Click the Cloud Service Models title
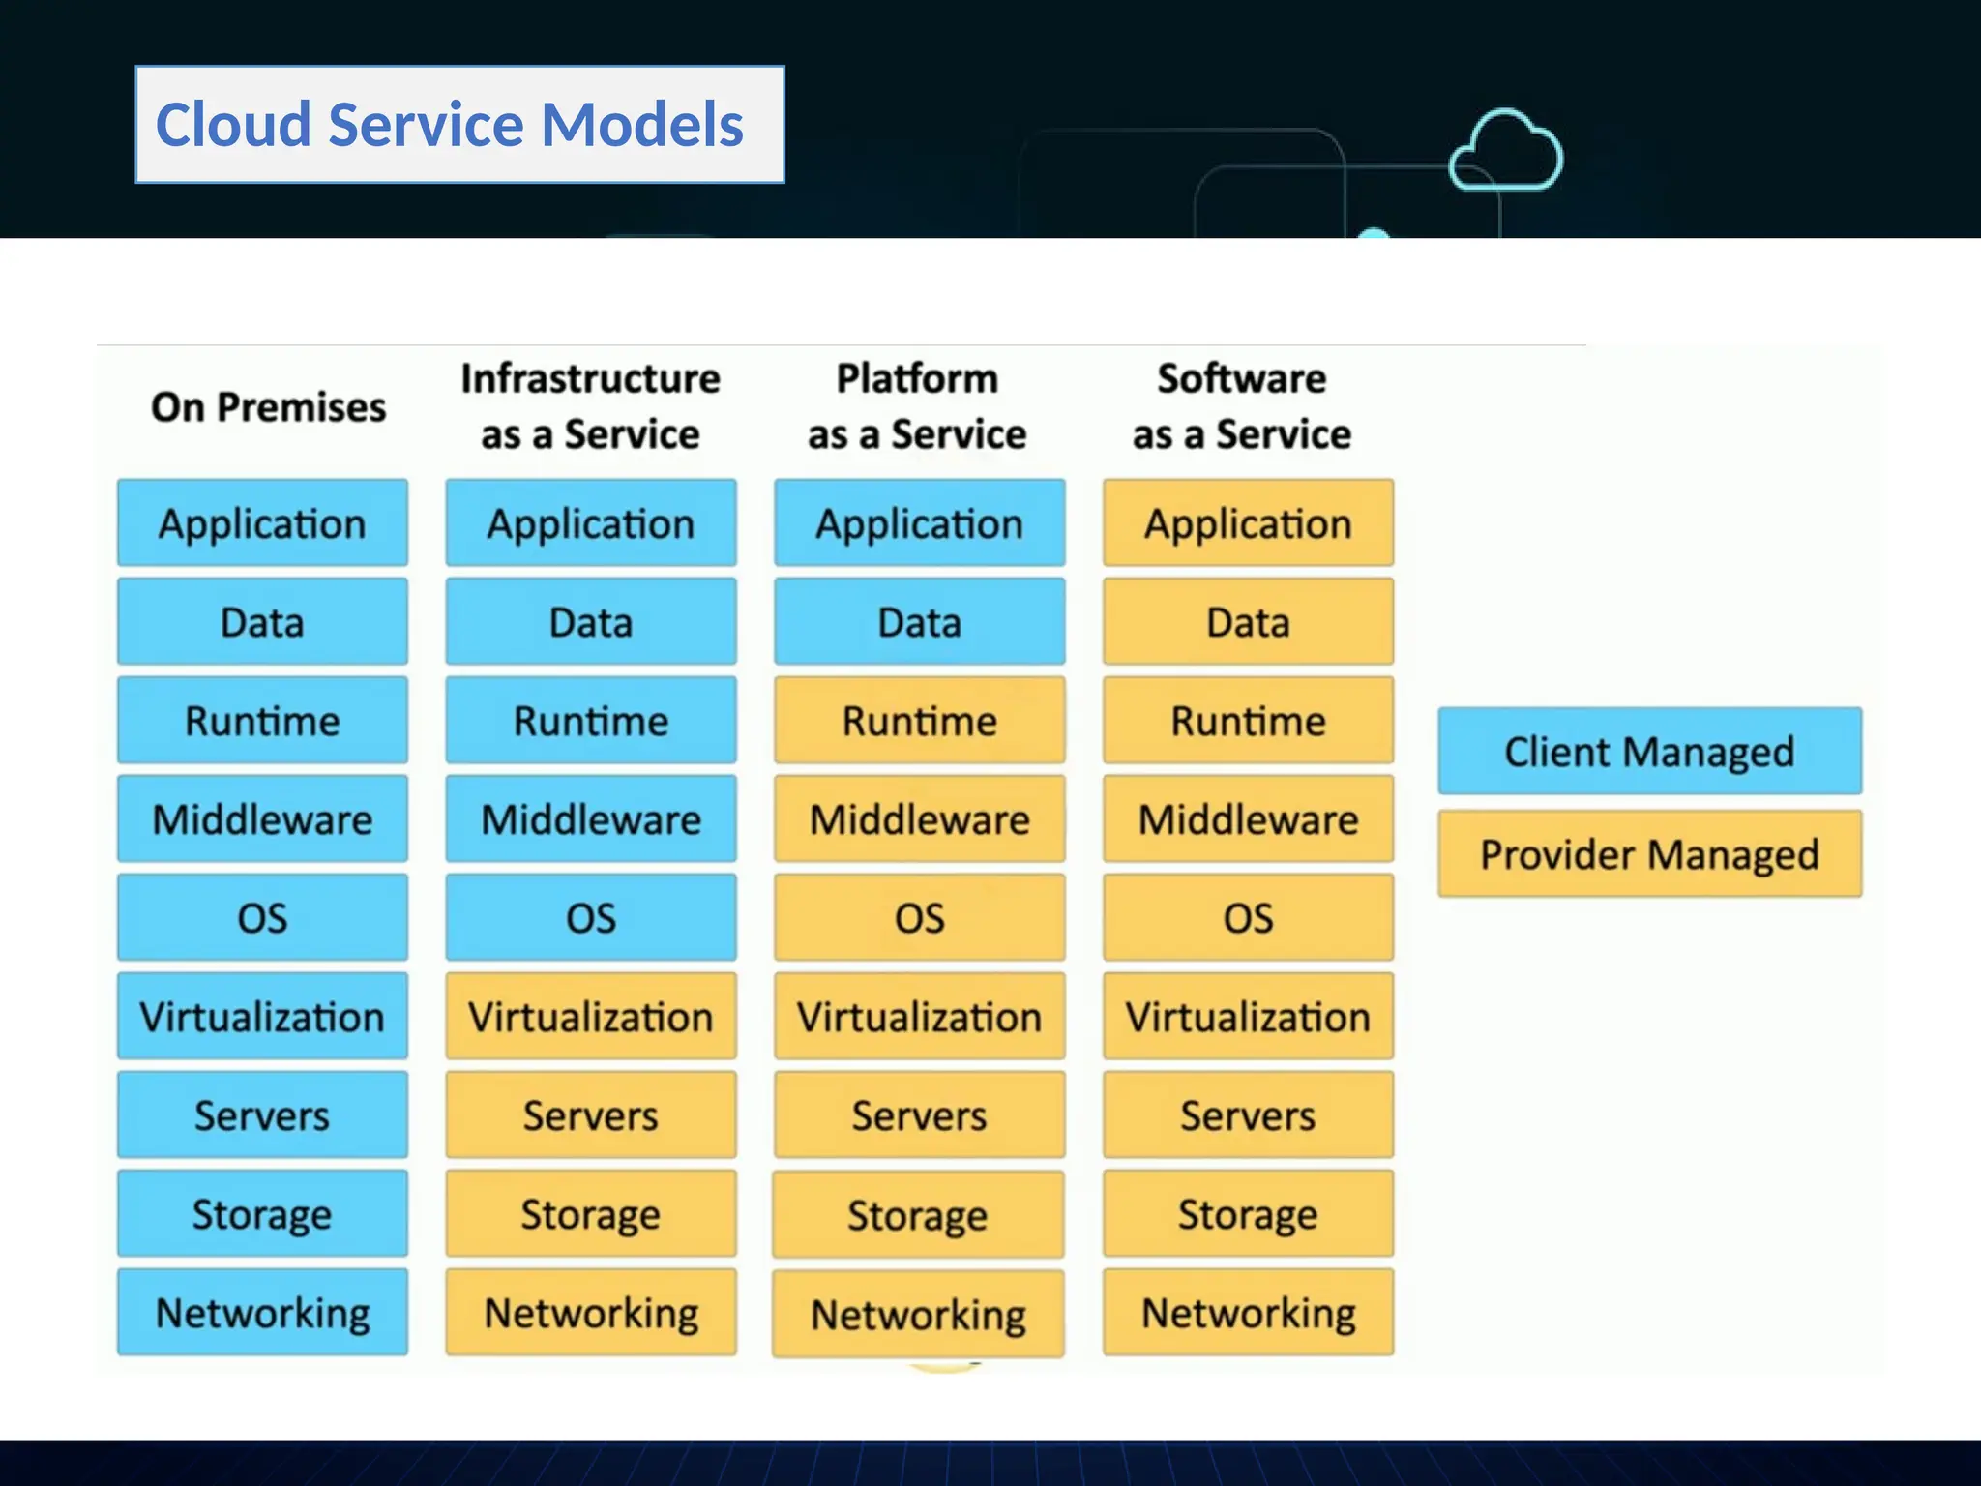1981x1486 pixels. [x=451, y=125]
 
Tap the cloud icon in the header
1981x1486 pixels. [x=1505, y=152]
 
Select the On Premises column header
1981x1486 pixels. [x=268, y=407]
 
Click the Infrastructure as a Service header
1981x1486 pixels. [x=590, y=406]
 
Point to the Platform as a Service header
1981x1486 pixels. [x=917, y=406]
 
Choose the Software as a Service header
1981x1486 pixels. [x=1242, y=406]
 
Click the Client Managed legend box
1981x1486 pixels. [x=1649, y=752]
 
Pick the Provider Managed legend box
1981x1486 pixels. [x=1649, y=854]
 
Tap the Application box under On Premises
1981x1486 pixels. [x=262, y=523]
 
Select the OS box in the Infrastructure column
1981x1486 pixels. [x=591, y=918]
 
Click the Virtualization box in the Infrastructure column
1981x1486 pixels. [x=591, y=1017]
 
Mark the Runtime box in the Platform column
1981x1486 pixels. [x=919, y=721]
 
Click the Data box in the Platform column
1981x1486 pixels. [x=919, y=622]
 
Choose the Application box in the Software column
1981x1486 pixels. [x=1248, y=523]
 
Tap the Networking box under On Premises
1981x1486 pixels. [x=262, y=1313]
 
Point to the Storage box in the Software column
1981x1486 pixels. [x=1248, y=1214]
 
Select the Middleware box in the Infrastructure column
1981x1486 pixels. [x=591, y=819]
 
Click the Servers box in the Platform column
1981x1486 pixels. [x=919, y=1115]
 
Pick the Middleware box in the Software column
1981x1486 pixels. [x=1248, y=819]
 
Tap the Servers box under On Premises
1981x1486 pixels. [x=262, y=1115]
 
